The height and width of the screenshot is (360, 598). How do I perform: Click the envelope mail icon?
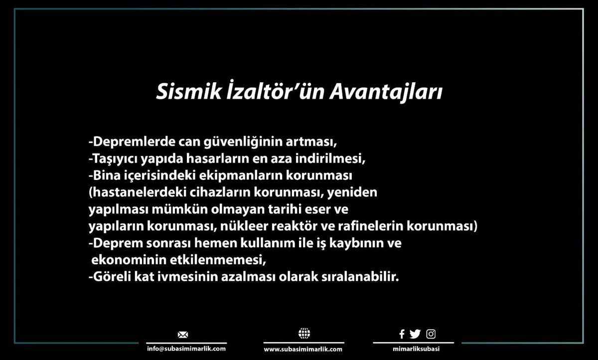click(x=183, y=334)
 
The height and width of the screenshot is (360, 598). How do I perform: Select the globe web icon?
click(x=303, y=334)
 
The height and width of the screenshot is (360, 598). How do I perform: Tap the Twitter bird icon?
click(x=415, y=334)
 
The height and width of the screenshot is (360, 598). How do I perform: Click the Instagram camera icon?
click(x=431, y=334)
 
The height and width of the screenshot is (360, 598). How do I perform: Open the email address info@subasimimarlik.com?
click(x=183, y=349)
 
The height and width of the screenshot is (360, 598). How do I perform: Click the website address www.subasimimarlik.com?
click(x=303, y=349)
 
